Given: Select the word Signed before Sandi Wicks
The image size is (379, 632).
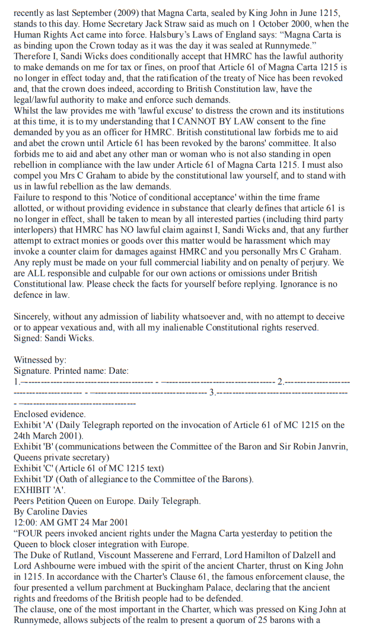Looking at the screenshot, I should coord(28,338).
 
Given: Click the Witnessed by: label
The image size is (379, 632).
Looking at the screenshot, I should coord(40,360).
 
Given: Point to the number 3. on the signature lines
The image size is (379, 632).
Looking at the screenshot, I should coord(212,392).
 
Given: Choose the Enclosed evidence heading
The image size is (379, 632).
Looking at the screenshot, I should coord(50,414).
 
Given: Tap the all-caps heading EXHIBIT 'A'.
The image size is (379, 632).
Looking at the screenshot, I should coord(40,490).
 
